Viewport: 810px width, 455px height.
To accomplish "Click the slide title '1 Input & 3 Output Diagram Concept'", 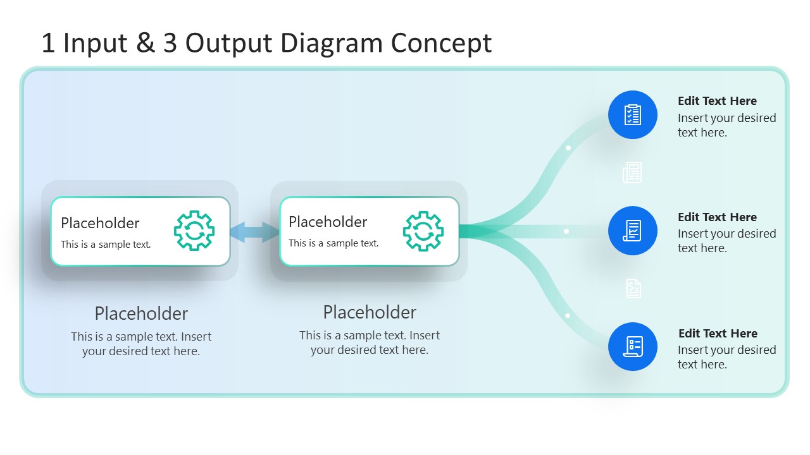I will pos(266,43).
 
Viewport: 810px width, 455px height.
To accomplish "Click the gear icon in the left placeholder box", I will pos(194,231).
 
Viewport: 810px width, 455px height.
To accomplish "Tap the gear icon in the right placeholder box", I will pos(423,231).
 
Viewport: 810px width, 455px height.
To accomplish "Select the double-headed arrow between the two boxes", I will pos(254,231).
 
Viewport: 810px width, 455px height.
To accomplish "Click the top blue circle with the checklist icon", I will pos(633,115).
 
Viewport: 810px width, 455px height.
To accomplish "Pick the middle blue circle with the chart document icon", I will pos(633,231).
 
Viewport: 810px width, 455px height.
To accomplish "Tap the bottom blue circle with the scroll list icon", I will pos(633,346).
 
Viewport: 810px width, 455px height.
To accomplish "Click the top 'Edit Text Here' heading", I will pos(717,101).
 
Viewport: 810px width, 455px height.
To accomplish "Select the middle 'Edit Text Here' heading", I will pos(717,217).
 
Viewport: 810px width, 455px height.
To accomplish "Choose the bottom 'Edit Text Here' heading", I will pos(718,334).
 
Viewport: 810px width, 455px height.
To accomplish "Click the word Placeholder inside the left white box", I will pos(100,223).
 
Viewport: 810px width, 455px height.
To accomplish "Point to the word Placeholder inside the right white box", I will pos(328,222).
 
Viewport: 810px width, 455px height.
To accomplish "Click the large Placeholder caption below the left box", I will pos(141,313).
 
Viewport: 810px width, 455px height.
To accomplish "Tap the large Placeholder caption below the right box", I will pos(370,312).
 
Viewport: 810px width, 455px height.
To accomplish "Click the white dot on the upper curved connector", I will pos(568,148).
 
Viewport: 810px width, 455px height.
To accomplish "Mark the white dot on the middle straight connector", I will pos(566,231).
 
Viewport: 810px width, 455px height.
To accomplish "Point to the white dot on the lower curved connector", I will pos(568,315).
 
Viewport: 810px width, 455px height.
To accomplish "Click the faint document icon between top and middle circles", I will pos(632,173).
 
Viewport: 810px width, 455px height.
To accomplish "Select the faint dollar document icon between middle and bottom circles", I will pos(633,288).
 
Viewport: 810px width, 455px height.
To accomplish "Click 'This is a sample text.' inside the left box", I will pos(106,245).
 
